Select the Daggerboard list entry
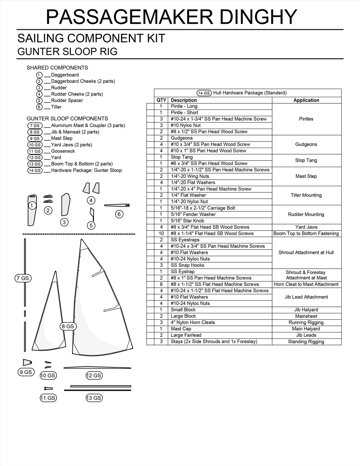(65, 75)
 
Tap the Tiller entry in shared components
(56, 107)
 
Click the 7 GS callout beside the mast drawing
(22, 278)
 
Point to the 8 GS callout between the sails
(68, 326)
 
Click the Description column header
(184, 100)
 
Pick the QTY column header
(161, 100)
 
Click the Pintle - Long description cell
(184, 106)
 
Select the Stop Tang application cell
(306, 160)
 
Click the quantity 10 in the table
(161, 233)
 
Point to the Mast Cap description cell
(181, 329)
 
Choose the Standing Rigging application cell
(306, 341)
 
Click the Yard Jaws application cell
(306, 227)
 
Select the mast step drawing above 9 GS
(27, 362)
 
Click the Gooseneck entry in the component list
(63, 151)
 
